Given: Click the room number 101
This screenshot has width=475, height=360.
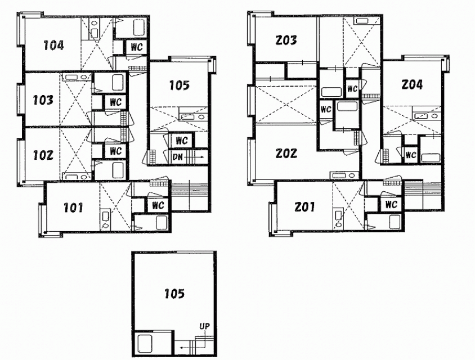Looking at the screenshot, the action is (x=73, y=208).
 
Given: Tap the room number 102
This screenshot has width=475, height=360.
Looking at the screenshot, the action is (x=43, y=155).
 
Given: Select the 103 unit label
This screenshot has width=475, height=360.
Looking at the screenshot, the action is (x=43, y=100).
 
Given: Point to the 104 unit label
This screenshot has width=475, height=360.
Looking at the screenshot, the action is (x=53, y=46).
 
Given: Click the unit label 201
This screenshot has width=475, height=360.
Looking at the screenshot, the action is (x=304, y=207).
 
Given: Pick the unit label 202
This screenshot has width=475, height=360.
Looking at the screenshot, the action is (x=286, y=154).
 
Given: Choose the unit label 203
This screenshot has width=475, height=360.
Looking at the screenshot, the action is (x=286, y=40).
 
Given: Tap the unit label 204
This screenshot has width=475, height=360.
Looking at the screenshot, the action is (x=412, y=85).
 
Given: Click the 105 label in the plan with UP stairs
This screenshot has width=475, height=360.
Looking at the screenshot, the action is (x=174, y=294).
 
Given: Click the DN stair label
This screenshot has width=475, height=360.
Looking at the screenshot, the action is (x=177, y=157).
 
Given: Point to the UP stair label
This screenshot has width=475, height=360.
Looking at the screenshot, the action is (x=204, y=326).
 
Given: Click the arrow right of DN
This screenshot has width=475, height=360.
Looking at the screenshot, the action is (x=195, y=157).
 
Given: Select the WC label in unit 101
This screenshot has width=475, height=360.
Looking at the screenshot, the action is (x=158, y=205).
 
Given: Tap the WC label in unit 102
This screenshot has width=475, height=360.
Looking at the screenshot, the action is (x=115, y=151).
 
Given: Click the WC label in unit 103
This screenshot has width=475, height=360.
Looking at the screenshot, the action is (x=115, y=102).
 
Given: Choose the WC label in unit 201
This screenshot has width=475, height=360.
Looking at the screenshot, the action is (x=391, y=205).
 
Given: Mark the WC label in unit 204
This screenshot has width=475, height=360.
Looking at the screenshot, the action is (x=410, y=155).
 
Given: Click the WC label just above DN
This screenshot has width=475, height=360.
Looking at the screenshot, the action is (x=181, y=141).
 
